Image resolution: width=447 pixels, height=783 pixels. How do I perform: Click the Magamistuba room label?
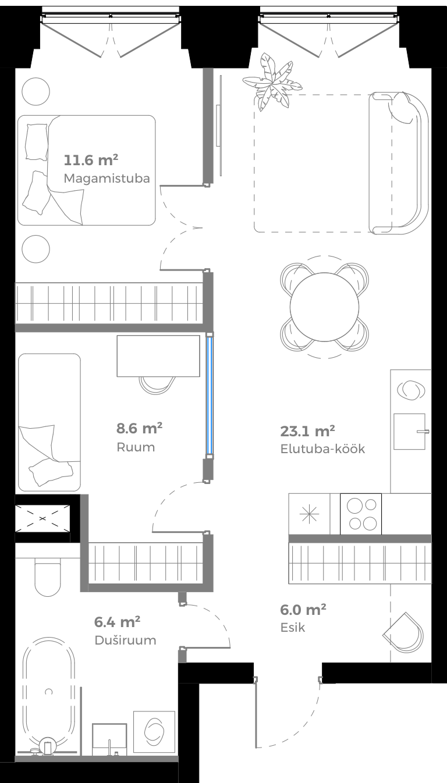click(107, 179)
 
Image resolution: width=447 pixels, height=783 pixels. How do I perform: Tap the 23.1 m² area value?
click(308, 431)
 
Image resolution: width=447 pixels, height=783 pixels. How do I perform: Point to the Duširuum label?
click(125, 640)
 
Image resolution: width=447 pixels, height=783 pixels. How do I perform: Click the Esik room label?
click(292, 628)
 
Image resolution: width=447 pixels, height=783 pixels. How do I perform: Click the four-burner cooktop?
click(361, 514)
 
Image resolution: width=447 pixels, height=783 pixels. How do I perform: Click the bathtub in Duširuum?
click(49, 692)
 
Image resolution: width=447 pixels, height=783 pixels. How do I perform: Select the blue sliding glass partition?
click(210, 395)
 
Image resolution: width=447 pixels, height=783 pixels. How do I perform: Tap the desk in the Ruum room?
click(158, 356)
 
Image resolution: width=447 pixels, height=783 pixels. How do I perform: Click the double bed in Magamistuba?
click(87, 170)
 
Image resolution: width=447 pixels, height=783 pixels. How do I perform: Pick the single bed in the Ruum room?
click(49, 422)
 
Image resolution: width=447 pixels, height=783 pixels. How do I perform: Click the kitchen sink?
click(410, 431)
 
